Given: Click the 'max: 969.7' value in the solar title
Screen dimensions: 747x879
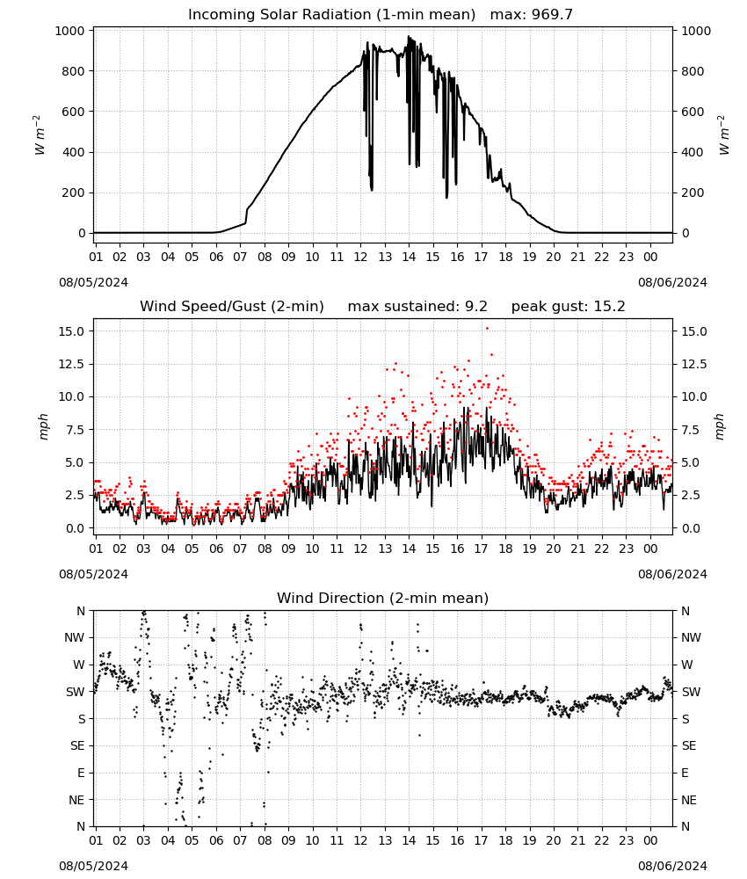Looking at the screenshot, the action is pyautogui.click(x=532, y=14).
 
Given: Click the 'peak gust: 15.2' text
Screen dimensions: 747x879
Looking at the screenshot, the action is pyautogui.click(x=568, y=306).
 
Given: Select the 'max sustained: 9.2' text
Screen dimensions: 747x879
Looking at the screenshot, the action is pyautogui.click(x=417, y=306).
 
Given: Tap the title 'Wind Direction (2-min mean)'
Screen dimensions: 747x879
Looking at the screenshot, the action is pyautogui.click(x=383, y=598).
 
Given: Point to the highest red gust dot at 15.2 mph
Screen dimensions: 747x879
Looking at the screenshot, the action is pyautogui.click(x=487, y=329).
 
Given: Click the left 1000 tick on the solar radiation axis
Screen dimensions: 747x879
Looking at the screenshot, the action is pyautogui.click(x=70, y=31).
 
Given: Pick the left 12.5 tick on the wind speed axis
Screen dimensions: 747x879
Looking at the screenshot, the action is pyautogui.click(x=72, y=365).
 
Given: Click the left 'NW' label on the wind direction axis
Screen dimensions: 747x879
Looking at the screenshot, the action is pyautogui.click(x=75, y=637).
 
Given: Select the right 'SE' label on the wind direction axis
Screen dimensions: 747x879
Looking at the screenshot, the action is pyautogui.click(x=689, y=745).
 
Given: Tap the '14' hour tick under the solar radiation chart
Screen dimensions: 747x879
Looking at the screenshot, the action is pyautogui.click(x=409, y=257).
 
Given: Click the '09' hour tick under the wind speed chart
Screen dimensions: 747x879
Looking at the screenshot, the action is pyautogui.click(x=288, y=548).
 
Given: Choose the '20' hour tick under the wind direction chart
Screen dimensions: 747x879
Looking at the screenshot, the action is pyautogui.click(x=553, y=840).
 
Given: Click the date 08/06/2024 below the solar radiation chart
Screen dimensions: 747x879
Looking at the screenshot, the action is pyautogui.click(x=672, y=282).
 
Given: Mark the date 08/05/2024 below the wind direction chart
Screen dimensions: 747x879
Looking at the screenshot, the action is pyautogui.click(x=93, y=866).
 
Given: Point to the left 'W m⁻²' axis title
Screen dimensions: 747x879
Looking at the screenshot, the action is pyautogui.click(x=40, y=134).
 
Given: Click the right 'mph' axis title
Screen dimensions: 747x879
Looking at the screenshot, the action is pyautogui.click(x=720, y=426).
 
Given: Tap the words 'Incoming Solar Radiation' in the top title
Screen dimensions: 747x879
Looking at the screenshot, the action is pyautogui.click(x=279, y=14).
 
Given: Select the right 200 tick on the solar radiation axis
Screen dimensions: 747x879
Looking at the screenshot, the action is pyautogui.click(x=693, y=193).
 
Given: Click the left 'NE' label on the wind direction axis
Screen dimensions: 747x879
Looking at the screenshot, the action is pyautogui.click(x=76, y=800).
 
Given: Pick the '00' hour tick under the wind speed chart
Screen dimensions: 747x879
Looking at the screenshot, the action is pyautogui.click(x=650, y=548).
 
